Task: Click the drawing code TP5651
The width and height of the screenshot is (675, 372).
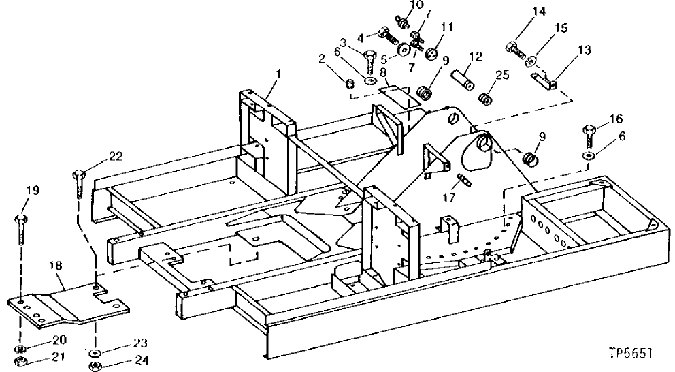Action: (x=632, y=354)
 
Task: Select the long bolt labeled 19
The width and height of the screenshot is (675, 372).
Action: (x=18, y=229)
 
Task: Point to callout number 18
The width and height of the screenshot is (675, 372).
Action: (x=56, y=266)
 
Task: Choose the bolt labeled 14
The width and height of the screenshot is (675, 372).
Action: (x=513, y=48)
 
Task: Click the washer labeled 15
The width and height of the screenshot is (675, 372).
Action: (x=530, y=63)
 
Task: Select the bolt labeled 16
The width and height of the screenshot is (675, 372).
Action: (x=589, y=136)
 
